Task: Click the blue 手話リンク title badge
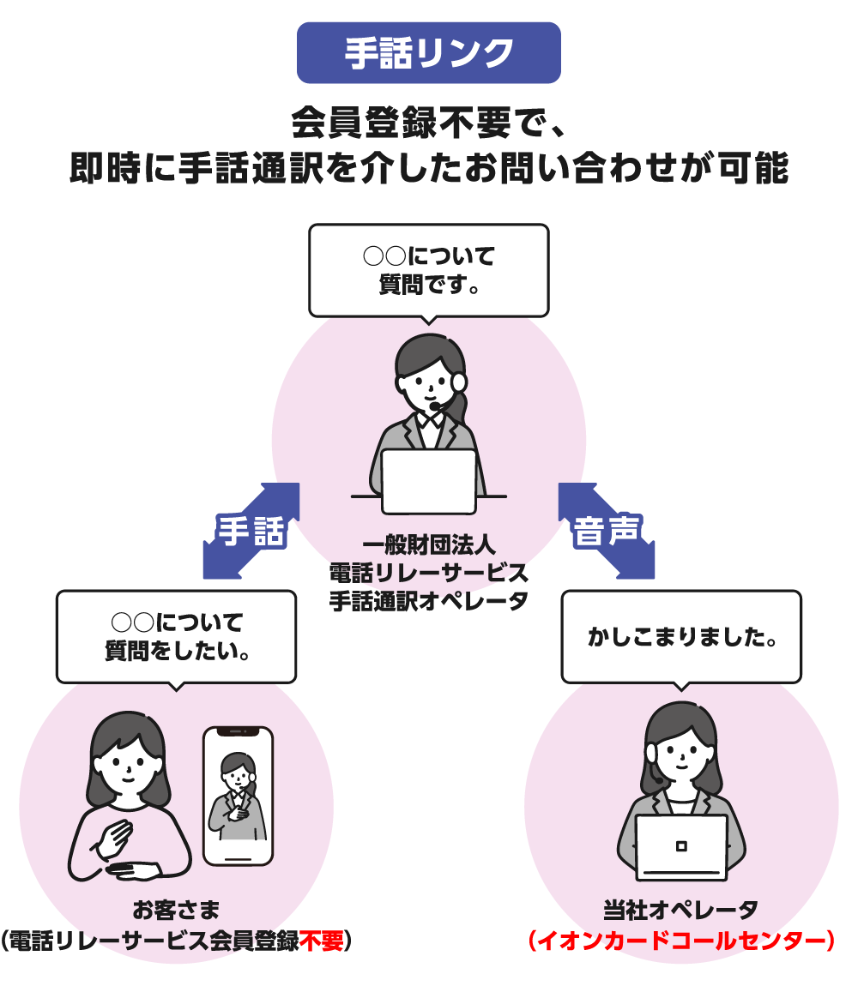click(428, 53)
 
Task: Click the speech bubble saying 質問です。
click(428, 270)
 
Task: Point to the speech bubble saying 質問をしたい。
click(176, 636)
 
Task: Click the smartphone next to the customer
click(238, 795)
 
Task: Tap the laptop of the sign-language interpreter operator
click(428, 480)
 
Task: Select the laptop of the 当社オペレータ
click(681, 846)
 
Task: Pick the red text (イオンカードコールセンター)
click(680, 941)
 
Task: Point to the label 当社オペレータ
click(680, 910)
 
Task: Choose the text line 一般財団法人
click(428, 545)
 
